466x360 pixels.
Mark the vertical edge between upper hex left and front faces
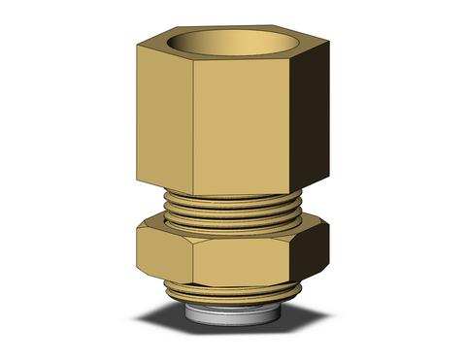[x=195, y=126]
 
